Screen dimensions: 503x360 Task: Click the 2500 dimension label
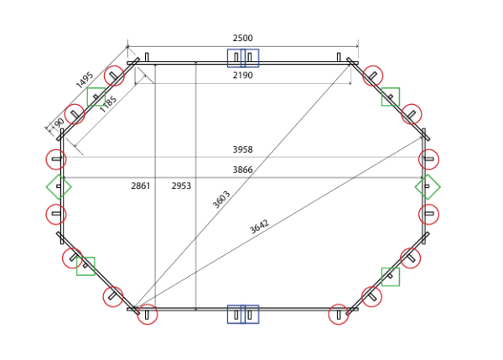(x=242, y=39)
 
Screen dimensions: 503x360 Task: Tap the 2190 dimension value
(x=242, y=76)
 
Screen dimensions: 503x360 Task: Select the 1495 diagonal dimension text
(x=85, y=80)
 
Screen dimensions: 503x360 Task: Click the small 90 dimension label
(x=59, y=123)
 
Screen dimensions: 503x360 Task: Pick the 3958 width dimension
(x=242, y=149)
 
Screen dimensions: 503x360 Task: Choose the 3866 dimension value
(x=242, y=170)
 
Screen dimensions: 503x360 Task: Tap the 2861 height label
(x=141, y=186)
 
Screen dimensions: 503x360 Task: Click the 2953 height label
(x=181, y=186)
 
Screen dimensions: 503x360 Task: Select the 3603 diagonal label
(x=221, y=200)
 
